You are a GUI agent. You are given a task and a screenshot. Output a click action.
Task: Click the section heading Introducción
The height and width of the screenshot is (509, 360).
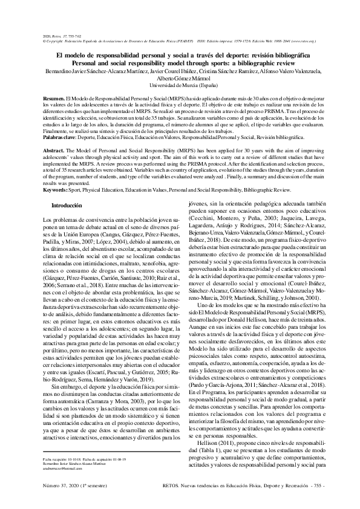67,206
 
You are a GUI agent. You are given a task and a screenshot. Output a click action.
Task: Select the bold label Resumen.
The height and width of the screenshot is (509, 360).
54,98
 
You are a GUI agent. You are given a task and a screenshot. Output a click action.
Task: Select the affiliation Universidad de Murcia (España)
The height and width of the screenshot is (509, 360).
180,86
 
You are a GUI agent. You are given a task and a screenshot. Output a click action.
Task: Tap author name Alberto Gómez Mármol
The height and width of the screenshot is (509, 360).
180,79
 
